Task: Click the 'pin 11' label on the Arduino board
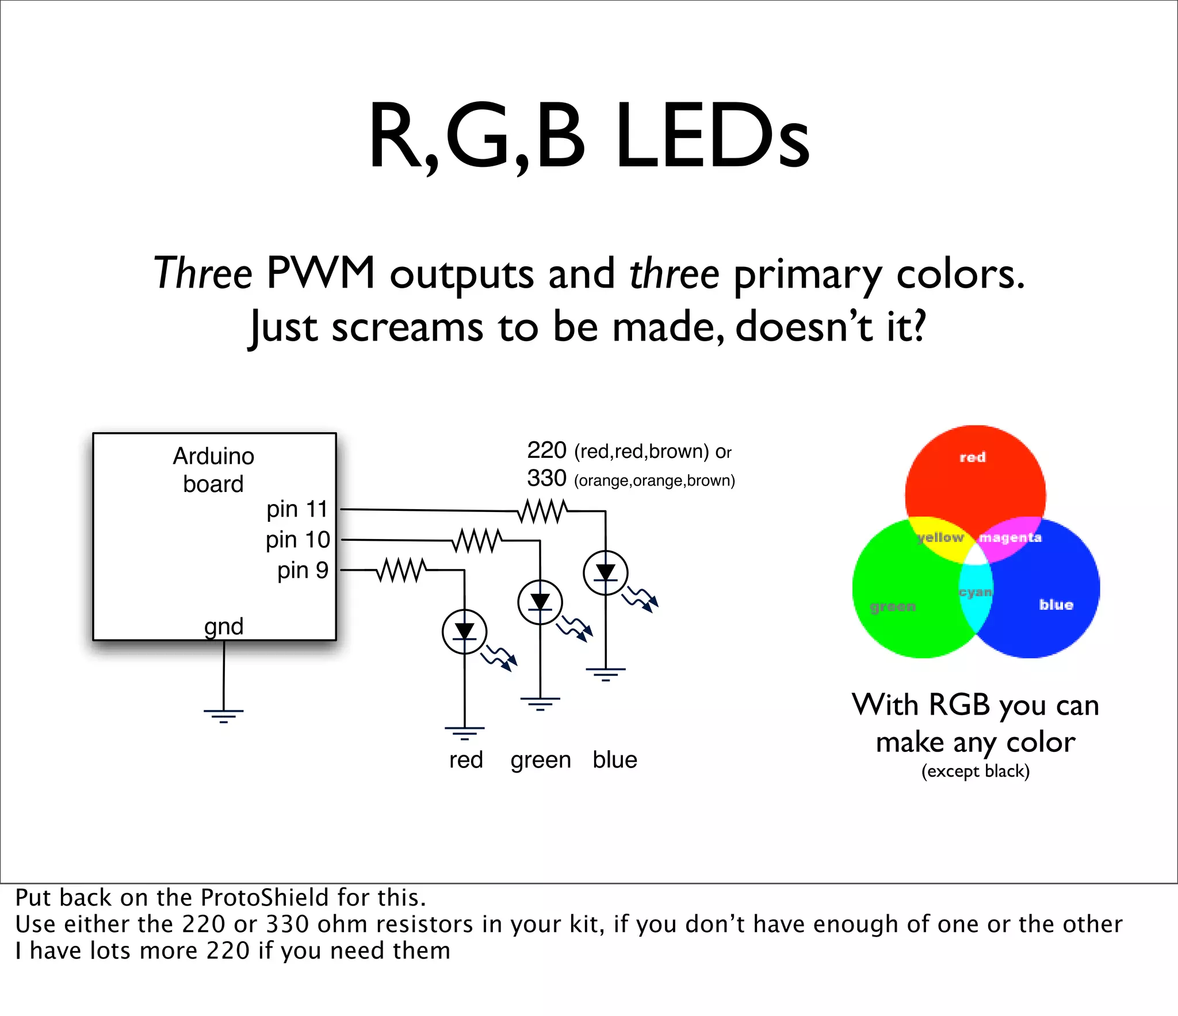pyautogui.click(x=297, y=509)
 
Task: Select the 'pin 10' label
pyautogui.click(x=297, y=540)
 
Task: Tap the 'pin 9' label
pyautogui.click(x=303, y=570)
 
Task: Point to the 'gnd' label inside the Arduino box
pyautogui.click(x=224, y=626)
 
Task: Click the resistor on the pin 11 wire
pyautogui.click(x=542, y=511)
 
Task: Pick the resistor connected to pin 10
pyautogui.click(x=476, y=541)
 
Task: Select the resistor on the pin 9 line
pyautogui.click(x=401, y=570)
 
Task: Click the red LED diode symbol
pyautogui.click(x=464, y=632)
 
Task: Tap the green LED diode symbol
pyautogui.click(x=540, y=602)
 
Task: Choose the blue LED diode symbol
pyautogui.click(x=605, y=572)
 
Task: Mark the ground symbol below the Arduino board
pyautogui.click(x=223, y=715)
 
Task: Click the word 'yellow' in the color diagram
pyautogui.click(x=941, y=537)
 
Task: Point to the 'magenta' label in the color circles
pyautogui.click(x=1010, y=537)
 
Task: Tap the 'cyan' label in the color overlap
pyautogui.click(x=976, y=592)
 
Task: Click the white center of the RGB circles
pyautogui.click(x=976, y=556)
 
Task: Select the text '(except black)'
pyautogui.click(x=976, y=771)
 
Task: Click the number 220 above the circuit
pyautogui.click(x=546, y=450)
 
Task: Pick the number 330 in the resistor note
pyautogui.click(x=546, y=479)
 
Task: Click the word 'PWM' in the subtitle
pyautogui.click(x=321, y=273)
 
